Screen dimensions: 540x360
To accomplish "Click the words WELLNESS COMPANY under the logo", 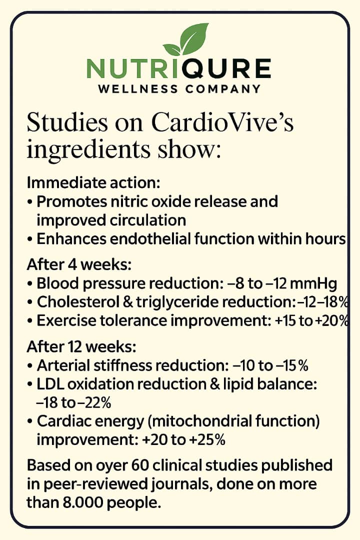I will tap(179, 89).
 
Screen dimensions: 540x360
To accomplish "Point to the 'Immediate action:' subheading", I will tap(93, 182).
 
